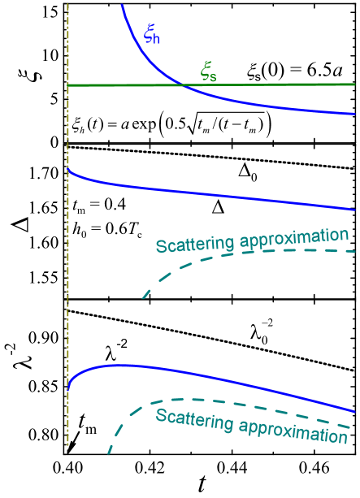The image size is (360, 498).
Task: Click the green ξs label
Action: [x=209, y=73]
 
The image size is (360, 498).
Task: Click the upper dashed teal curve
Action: [x=244, y=253]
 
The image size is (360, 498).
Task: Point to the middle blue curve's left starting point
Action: [x=69, y=169]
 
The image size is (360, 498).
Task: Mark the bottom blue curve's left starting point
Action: [x=69, y=388]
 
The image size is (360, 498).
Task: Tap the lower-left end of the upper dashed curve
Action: [x=144, y=297]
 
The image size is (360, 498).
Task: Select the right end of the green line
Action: [x=354, y=84]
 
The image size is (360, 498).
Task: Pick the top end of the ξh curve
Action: [x=122, y=5]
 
